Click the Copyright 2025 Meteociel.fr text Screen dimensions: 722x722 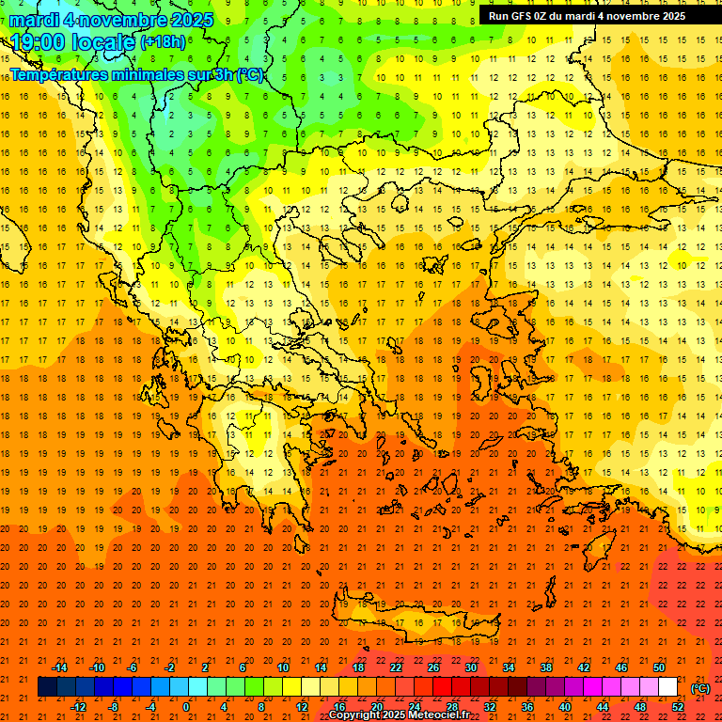pos(399,715)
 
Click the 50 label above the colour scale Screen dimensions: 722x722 pos(658,667)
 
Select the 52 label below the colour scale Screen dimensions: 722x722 pos(678,707)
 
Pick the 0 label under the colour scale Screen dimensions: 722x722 pos(186,707)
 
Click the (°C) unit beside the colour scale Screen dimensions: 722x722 pos(700,688)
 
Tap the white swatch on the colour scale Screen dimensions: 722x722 pos(667,687)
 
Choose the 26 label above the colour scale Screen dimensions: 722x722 pos(433,667)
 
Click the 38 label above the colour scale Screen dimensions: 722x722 pos(545,667)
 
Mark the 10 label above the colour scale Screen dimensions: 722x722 pos(282,667)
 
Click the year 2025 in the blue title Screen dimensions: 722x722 pos(192,20)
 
